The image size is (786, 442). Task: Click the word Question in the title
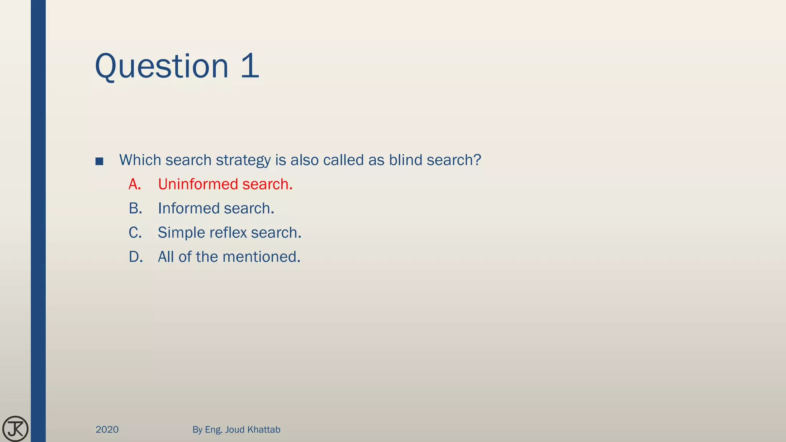pos(162,66)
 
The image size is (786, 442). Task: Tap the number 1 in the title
pos(250,66)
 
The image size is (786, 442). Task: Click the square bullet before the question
pos(99,162)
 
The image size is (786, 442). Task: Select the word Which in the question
pos(140,160)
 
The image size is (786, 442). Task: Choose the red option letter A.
pos(135,185)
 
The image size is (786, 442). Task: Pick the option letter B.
pos(135,209)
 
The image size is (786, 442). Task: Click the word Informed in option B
pos(188,209)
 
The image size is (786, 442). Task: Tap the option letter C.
pos(135,233)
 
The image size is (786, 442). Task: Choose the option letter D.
pos(135,257)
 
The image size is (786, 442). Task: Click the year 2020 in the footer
pos(107,430)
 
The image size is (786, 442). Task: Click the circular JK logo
pos(15,429)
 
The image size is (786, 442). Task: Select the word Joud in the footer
pos(234,430)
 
